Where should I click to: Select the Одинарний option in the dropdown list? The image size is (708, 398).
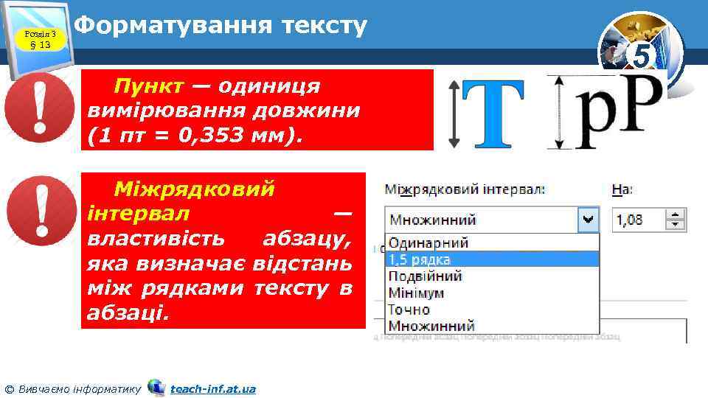428,242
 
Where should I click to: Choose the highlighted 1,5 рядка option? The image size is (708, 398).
420,259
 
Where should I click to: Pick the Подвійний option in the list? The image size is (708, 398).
426,276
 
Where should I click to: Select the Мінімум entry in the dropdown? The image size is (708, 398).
417,293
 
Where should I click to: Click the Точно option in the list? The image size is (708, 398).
409,310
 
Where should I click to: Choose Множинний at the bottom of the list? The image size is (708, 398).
432,326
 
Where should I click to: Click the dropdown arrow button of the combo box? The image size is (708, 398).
589,219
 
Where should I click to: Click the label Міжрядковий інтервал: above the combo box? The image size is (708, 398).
465,189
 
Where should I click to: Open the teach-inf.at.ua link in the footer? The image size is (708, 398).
212,388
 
